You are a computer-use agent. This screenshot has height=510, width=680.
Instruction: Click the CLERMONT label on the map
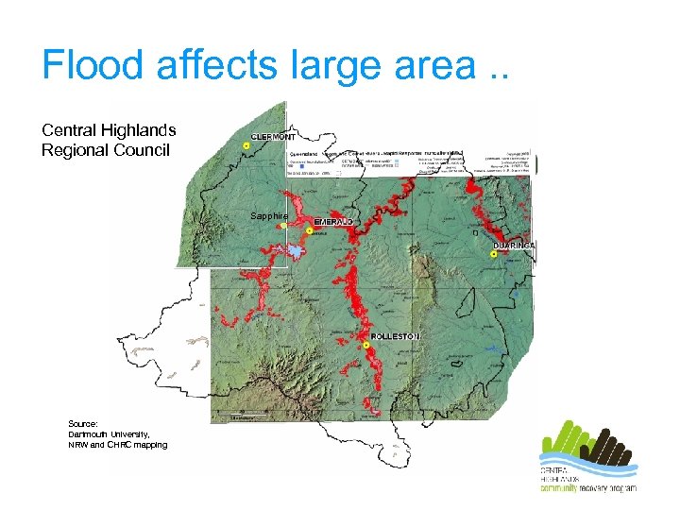click(x=273, y=136)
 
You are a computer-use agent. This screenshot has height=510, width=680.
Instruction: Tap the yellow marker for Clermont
click(x=246, y=146)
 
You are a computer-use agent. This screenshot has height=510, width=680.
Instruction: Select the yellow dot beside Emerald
click(x=310, y=230)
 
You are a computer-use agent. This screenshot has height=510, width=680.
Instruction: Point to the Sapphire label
click(x=268, y=216)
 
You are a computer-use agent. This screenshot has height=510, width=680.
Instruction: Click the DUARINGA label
click(x=514, y=245)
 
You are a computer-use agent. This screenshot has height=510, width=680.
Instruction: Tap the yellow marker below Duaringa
click(x=494, y=255)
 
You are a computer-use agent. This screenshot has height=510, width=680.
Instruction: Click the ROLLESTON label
click(x=395, y=336)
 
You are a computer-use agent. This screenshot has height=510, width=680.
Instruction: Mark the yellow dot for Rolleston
click(x=366, y=346)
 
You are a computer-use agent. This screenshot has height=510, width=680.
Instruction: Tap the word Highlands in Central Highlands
click(x=135, y=130)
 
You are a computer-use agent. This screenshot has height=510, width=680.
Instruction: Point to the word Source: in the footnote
click(x=83, y=424)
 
